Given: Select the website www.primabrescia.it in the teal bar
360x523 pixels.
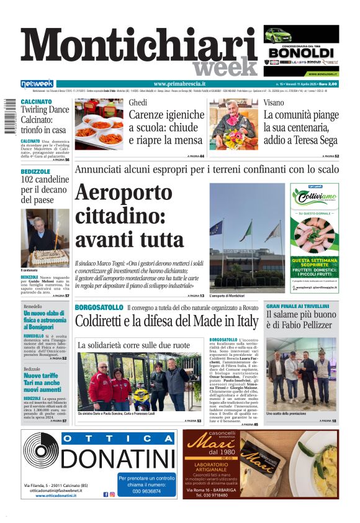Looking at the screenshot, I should click(179, 84).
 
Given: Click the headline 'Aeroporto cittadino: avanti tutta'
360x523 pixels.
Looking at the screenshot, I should click(129, 216).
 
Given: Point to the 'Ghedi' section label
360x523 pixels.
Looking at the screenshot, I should click(138, 102).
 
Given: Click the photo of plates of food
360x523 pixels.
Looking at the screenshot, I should click(99, 124).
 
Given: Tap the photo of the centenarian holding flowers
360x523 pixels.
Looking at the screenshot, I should click(233, 124).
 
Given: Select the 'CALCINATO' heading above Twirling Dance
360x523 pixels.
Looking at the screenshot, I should click(36, 101).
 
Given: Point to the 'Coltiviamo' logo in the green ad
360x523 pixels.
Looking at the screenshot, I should click(314, 197).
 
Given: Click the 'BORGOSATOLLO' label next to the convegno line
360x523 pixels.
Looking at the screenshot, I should click(99, 307).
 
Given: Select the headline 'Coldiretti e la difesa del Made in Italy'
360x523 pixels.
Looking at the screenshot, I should click(166, 322).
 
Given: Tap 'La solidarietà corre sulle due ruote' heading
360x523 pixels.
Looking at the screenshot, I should click(133, 345).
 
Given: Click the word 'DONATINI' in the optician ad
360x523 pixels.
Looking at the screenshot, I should click(118, 459).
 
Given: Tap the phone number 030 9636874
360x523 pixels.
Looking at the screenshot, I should click(146, 491).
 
